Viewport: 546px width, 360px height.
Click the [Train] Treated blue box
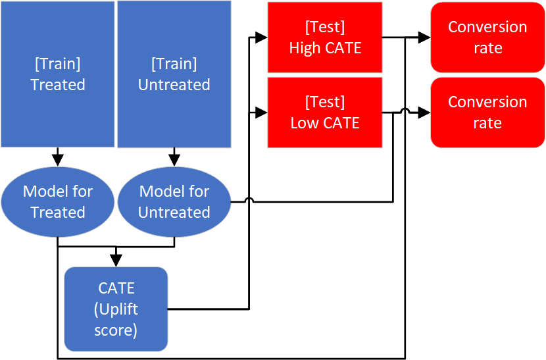[x=57, y=74]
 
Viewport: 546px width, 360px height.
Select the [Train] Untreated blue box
[x=174, y=74]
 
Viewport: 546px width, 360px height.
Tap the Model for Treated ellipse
[x=58, y=202]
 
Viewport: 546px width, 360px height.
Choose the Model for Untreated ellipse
[x=174, y=202]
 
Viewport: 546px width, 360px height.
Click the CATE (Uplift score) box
[x=116, y=309]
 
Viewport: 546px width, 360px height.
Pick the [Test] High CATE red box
[x=325, y=38]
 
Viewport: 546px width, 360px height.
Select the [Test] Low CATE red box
[x=325, y=113]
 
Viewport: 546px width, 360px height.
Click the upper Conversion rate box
[x=487, y=38]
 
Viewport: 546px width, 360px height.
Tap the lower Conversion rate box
[x=487, y=113]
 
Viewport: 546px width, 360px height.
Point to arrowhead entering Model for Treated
[x=58, y=159]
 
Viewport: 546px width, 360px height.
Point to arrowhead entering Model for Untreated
[x=174, y=159]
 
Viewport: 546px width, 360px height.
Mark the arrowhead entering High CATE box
[x=261, y=38]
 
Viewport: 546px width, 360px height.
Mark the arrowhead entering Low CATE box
[x=261, y=113]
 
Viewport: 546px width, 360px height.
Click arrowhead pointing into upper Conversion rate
[x=424, y=38]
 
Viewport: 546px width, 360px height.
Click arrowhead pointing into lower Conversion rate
[x=424, y=113]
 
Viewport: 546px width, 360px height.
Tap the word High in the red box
[x=304, y=48]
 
